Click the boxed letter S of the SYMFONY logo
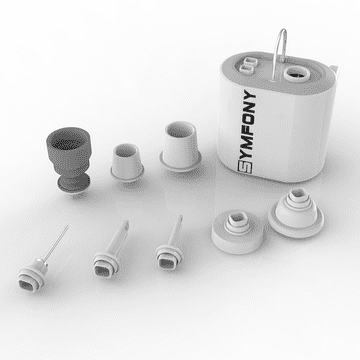point(245,166)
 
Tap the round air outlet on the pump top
point(297,74)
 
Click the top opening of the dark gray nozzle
point(68,139)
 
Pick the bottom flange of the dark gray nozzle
point(73,185)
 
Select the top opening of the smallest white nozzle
point(126,151)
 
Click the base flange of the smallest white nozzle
point(127,173)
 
